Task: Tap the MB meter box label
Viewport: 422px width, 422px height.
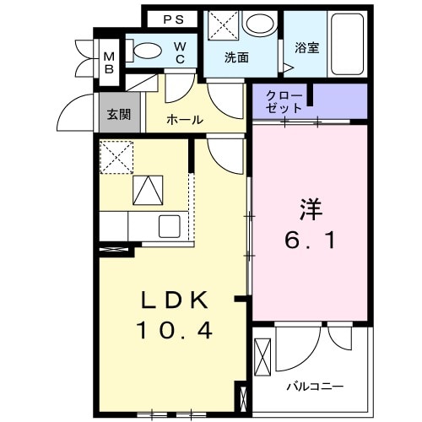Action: tap(110, 63)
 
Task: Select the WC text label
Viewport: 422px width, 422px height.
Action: tap(180, 52)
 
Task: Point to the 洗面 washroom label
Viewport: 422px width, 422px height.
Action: tap(236, 58)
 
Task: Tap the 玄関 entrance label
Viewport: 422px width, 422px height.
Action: tap(119, 114)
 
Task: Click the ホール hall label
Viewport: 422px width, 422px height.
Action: tap(184, 120)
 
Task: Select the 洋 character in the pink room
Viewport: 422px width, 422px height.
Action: tap(308, 207)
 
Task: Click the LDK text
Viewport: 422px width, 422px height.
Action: tap(173, 300)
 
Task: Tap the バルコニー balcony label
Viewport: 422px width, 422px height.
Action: tap(314, 386)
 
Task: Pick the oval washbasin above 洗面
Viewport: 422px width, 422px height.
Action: tap(258, 24)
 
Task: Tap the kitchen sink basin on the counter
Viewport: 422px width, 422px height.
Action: tap(168, 226)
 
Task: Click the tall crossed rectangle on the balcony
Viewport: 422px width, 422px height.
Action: tap(262, 357)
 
